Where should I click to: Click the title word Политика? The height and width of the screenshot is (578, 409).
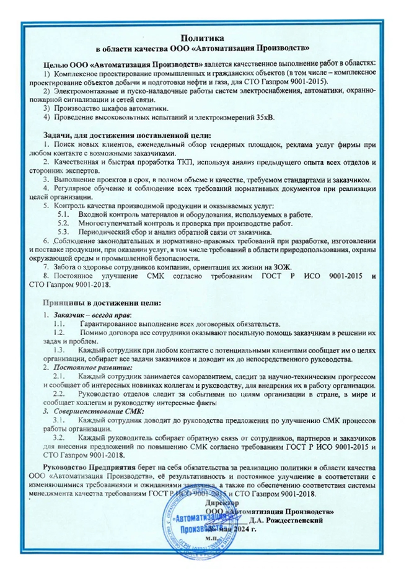(204, 39)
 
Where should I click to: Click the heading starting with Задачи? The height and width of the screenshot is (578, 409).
(128, 134)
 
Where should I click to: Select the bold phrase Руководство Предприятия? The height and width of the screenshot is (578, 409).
(89, 465)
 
